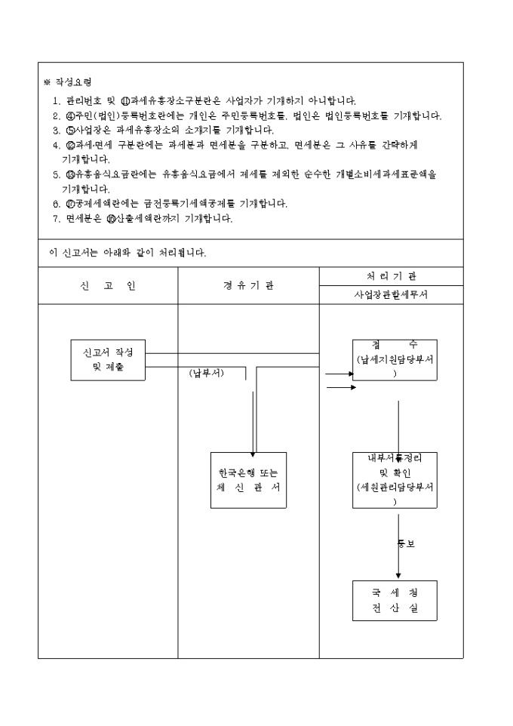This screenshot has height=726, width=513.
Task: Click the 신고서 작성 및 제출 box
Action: pyautogui.click(x=107, y=359)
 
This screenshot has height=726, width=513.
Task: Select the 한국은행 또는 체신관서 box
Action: pyautogui.click(x=248, y=481)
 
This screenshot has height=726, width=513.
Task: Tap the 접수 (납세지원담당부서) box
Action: pyautogui.click(x=395, y=359)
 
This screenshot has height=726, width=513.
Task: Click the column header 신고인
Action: pyautogui.click(x=108, y=285)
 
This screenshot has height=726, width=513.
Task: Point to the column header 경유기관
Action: pyautogui.click(x=248, y=285)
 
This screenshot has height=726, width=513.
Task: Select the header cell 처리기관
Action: pyautogui.click(x=391, y=275)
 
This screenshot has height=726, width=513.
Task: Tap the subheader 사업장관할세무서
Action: pyautogui.click(x=391, y=295)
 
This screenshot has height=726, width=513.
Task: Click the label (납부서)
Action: pyautogui.click(x=206, y=373)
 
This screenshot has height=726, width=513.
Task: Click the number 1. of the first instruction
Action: pyautogui.click(x=56, y=100)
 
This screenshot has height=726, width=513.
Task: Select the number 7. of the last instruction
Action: pyautogui.click(x=56, y=219)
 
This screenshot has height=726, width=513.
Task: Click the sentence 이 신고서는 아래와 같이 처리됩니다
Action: pyautogui.click(x=127, y=252)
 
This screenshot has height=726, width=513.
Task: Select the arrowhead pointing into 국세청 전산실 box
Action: pyautogui.click(x=398, y=576)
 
